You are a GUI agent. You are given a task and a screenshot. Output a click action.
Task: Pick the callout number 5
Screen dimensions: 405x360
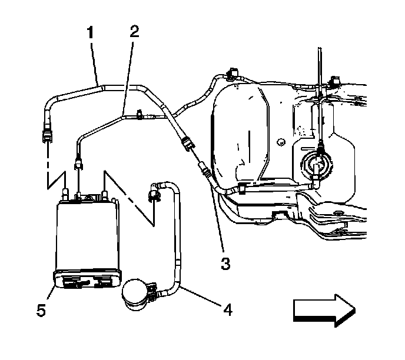coord(41,309)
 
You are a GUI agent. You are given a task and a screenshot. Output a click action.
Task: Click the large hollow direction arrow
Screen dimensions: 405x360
coord(323,309)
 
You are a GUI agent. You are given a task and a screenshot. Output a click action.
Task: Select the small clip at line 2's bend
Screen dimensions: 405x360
coord(138,115)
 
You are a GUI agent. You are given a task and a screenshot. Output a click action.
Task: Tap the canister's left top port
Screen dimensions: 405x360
coord(65,192)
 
